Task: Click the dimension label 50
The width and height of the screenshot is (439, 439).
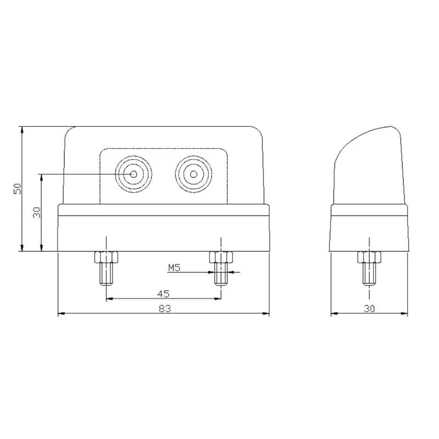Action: click(18, 188)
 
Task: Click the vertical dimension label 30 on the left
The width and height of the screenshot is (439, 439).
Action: click(37, 212)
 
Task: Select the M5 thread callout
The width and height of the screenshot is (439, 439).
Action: click(174, 268)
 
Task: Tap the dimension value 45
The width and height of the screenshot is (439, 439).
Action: click(163, 293)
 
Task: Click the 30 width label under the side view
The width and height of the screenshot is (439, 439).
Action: click(369, 308)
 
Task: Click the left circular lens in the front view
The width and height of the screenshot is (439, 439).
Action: click(134, 175)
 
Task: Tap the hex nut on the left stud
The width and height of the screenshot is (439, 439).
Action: click(106, 257)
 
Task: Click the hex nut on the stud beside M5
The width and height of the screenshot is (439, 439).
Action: click(221, 257)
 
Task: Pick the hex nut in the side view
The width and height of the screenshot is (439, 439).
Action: click(369, 257)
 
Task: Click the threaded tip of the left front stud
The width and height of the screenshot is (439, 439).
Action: click(106, 274)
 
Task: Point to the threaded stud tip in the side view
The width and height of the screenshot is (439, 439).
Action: click(369, 273)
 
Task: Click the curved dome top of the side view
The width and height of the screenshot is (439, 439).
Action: click(368, 134)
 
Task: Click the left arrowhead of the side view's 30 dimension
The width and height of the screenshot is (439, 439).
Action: click(334, 314)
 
